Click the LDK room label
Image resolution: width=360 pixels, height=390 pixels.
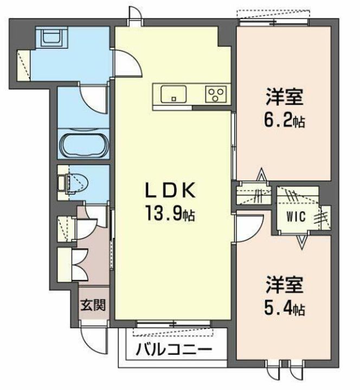[170, 191]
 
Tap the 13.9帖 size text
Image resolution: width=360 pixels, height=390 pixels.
[170, 214]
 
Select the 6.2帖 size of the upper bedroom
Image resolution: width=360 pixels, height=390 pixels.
[284, 121]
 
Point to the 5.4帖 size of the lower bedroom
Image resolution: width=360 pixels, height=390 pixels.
[284, 308]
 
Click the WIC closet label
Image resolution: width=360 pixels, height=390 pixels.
[296, 217]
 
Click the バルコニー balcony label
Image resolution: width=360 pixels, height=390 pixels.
[174, 350]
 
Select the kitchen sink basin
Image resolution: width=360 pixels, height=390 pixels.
[173, 94]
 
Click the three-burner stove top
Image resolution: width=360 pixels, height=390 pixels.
[216, 94]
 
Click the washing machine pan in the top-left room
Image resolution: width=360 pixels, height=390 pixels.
[52, 37]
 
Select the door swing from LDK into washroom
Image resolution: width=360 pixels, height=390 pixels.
[128, 62]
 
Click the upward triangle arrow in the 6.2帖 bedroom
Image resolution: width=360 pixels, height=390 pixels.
[261, 174]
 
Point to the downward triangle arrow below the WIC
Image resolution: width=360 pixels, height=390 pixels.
[302, 242]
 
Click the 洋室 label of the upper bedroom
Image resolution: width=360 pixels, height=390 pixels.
[284, 97]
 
